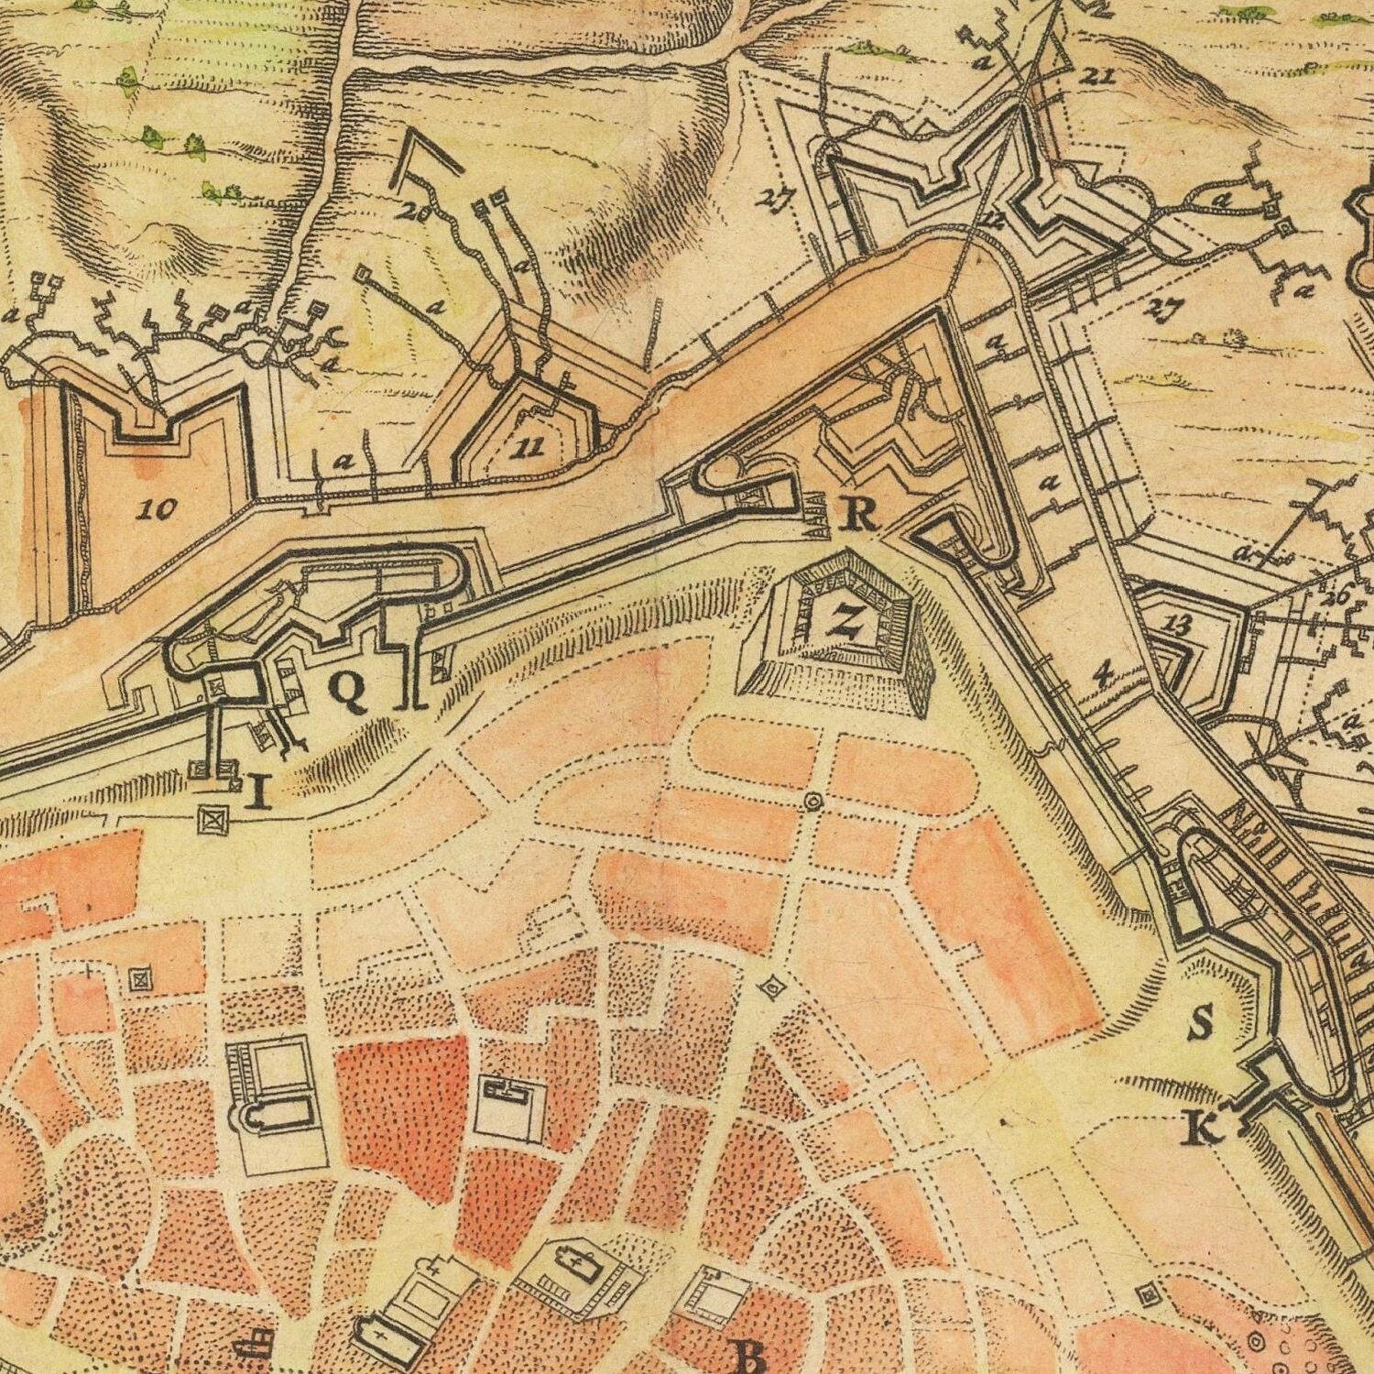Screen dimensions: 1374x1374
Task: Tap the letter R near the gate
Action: click(859, 517)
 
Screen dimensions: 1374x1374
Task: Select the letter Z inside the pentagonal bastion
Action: click(845, 623)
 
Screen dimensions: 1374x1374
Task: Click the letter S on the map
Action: click(1200, 1022)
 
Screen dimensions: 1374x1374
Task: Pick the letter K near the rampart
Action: click(1204, 1130)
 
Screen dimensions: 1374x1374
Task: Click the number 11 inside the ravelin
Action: click(529, 448)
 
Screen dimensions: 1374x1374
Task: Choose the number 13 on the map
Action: click(1180, 626)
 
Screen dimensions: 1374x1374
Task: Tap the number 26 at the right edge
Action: click(1338, 598)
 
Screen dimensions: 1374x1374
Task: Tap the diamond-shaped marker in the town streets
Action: click(772, 987)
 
